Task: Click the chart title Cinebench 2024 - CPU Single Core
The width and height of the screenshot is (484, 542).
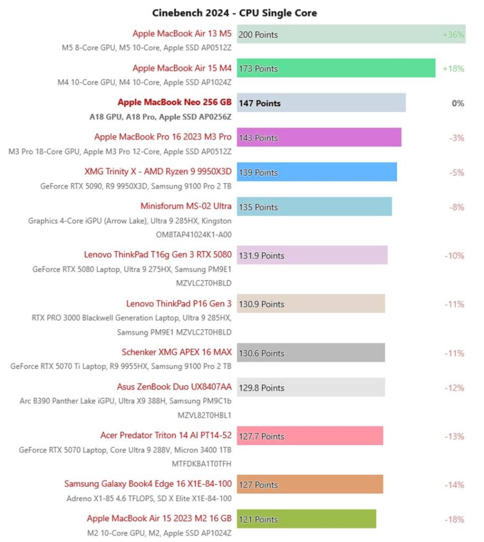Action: pos(234,13)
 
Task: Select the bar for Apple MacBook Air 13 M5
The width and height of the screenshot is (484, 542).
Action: pos(351,34)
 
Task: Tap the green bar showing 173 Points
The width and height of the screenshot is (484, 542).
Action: pos(336,68)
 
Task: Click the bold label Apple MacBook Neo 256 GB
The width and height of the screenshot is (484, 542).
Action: pos(174,103)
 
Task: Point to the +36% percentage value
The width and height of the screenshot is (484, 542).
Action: pos(453,35)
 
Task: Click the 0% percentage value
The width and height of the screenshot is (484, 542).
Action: pos(457,103)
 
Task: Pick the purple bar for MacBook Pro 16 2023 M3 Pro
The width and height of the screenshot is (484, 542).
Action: pos(319,138)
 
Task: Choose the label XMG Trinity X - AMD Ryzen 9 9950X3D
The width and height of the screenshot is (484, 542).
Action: pos(158,172)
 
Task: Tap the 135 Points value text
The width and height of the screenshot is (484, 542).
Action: pos(258,207)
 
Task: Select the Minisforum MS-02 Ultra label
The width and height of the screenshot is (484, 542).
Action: pos(186,206)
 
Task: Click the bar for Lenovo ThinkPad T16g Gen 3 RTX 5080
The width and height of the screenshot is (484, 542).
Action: pos(312,255)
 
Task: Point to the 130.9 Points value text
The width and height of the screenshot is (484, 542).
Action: pos(261,304)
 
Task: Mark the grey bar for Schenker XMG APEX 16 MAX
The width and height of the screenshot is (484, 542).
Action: pos(311,353)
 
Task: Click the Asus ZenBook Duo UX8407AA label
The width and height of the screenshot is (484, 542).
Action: pos(174,387)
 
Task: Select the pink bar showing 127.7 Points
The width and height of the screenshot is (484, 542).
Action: pos(310,436)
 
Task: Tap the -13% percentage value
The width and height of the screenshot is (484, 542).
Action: pos(454,436)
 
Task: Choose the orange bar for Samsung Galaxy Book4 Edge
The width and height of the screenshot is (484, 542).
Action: pos(310,484)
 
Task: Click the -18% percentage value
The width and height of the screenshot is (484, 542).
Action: pos(454,519)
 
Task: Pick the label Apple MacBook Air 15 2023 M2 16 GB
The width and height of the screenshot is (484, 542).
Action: pos(159,519)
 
